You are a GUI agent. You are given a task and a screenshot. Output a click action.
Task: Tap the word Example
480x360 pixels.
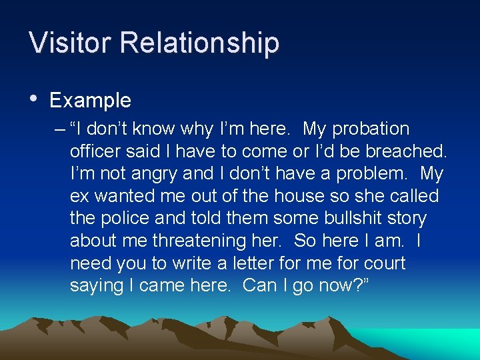[x=90, y=101]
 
